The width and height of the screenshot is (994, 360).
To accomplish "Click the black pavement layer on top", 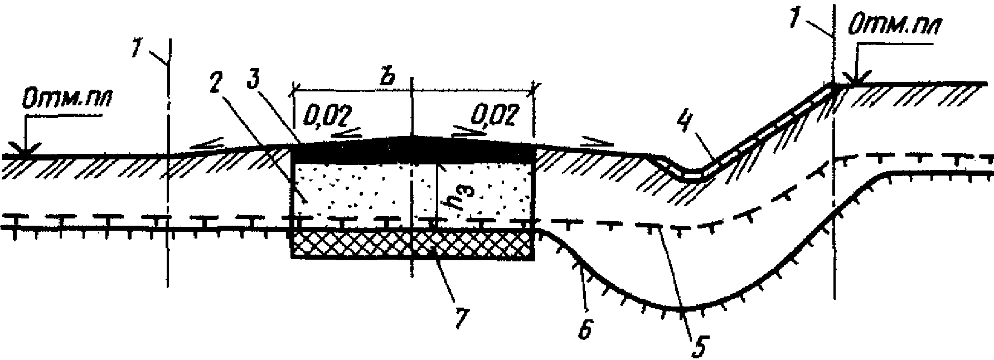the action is pyautogui.click(x=413, y=150).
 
